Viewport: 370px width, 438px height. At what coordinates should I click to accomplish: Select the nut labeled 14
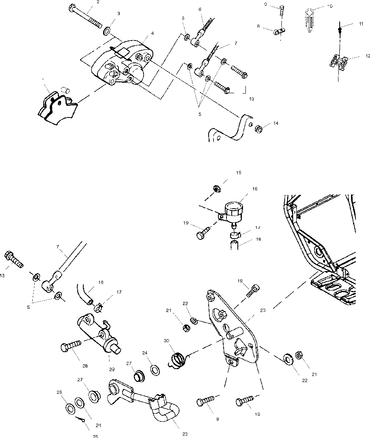tap(260, 129)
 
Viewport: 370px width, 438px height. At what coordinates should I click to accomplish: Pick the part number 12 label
tap(356, 56)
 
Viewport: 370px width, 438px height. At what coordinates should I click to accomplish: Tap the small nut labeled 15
tap(216, 188)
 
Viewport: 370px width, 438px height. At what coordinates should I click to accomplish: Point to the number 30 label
tap(166, 340)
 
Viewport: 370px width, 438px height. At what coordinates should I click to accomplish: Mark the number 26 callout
tap(59, 392)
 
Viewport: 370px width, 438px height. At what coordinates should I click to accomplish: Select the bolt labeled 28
tap(71, 346)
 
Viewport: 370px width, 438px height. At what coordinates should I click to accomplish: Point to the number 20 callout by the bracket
tap(263, 310)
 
